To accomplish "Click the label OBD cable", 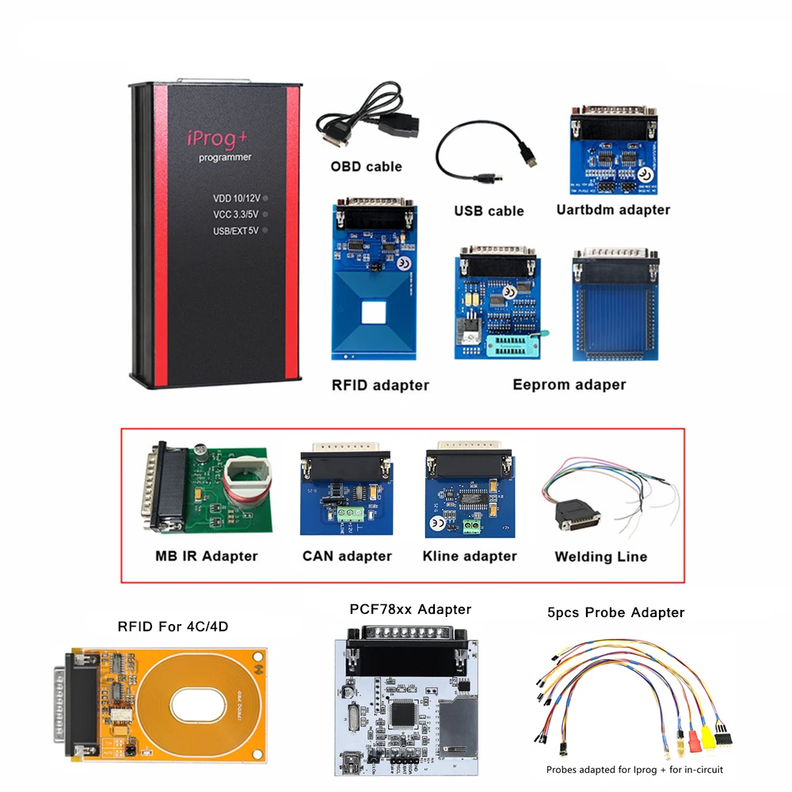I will coord(366,166).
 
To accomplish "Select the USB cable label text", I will coord(489,211).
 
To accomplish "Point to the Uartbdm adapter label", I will coord(613,210).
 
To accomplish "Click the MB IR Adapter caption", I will coord(206,556).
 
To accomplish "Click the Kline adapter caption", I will coord(470,556).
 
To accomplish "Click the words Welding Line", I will coord(600,557).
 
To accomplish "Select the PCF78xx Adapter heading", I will coord(410,609).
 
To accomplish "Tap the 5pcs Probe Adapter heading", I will coord(615,612).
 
